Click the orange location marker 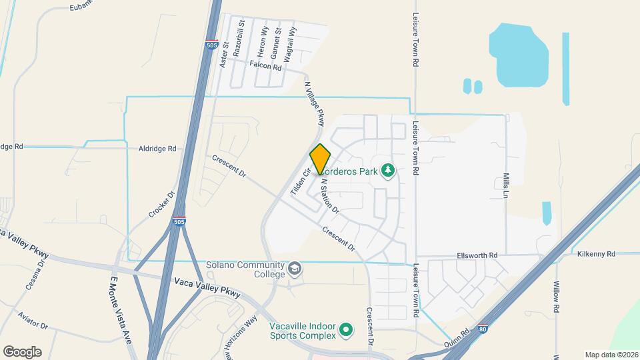click(321, 159)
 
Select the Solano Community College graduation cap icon click(295, 268)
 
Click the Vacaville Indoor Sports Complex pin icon click(345, 330)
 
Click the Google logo click(22, 352)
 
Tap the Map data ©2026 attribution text click(611, 355)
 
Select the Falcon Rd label click(265, 65)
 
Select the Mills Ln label click(505, 185)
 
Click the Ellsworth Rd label click(477, 255)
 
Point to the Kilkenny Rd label click(596, 254)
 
